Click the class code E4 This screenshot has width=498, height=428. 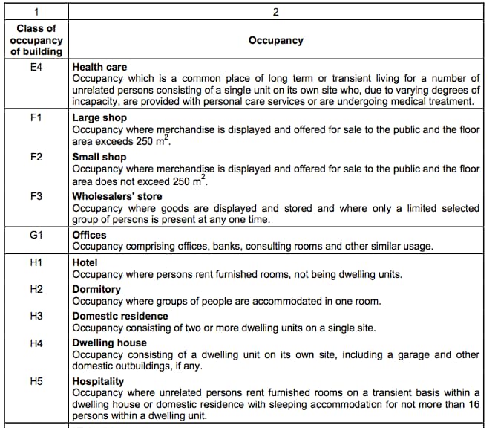36,67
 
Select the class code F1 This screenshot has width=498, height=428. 36,117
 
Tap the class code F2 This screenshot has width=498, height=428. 36,157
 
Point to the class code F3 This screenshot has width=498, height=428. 36,197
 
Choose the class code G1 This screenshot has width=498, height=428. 36,236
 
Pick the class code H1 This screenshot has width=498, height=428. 36,262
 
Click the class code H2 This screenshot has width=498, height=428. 36,289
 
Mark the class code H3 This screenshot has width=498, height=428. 36,316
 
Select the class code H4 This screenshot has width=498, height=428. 36,343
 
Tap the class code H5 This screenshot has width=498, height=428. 36,381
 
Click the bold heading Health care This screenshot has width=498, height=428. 99,67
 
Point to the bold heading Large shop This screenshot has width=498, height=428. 99,117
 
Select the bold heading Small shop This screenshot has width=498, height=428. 99,157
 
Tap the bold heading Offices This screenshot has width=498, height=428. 89,236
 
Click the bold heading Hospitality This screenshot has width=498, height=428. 99,381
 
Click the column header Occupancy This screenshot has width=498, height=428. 276,40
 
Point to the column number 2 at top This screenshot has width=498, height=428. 276,12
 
